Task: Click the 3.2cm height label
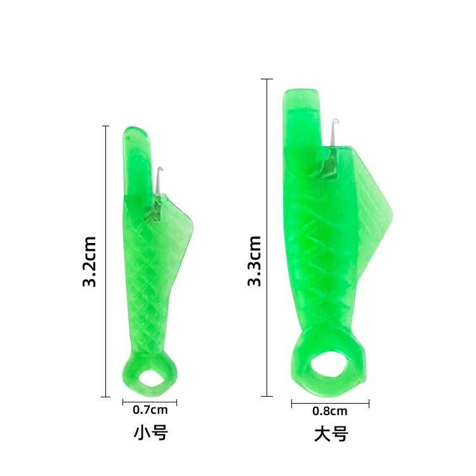coord(89,261)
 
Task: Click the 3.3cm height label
coord(254,261)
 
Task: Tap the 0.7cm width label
coord(150,410)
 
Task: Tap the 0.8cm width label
coord(329,411)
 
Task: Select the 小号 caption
coord(151,433)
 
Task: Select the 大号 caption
coord(331,434)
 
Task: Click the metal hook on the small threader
coord(159,180)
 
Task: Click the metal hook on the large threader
coord(334,132)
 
